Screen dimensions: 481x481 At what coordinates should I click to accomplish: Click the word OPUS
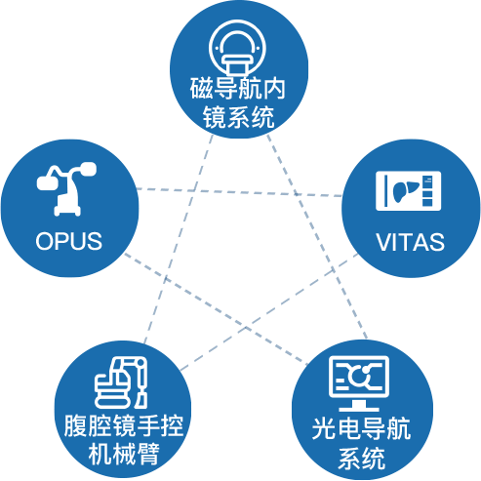pyautogui.click(x=68, y=241)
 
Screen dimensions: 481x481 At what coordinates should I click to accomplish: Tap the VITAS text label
pyautogui.click(x=410, y=242)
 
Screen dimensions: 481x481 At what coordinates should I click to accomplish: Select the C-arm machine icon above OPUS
pyautogui.click(x=66, y=189)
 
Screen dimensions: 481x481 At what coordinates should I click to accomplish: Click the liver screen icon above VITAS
pyautogui.click(x=409, y=191)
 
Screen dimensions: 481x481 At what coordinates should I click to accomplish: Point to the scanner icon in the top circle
pyautogui.click(x=237, y=49)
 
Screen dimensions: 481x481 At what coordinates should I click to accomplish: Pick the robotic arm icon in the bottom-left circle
pyautogui.click(x=121, y=382)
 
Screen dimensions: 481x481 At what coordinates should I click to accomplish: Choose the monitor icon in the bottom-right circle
pyautogui.click(x=359, y=383)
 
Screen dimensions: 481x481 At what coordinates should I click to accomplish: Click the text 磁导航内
pyautogui.click(x=238, y=89)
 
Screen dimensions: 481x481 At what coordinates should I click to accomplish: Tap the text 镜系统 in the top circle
pyautogui.click(x=238, y=117)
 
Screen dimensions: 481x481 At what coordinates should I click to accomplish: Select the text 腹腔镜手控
pyautogui.click(x=124, y=425)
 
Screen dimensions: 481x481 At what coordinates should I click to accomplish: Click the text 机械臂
pyautogui.click(x=124, y=454)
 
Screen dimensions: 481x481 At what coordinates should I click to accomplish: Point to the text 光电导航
pyautogui.click(x=361, y=428)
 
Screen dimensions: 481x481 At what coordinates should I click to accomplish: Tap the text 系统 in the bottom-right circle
pyautogui.click(x=361, y=458)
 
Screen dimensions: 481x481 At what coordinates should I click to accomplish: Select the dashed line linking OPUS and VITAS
pyautogui.click(x=239, y=192)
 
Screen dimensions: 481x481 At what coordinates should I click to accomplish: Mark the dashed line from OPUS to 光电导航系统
pyautogui.click(x=216, y=308)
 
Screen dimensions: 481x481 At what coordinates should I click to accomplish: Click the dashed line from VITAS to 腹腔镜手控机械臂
pyautogui.click(x=269, y=312)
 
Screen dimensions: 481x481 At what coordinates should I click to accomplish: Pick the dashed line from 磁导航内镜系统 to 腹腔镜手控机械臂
pyautogui.click(x=179, y=239)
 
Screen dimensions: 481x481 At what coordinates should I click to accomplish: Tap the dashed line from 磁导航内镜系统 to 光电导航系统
pyautogui.click(x=317, y=237)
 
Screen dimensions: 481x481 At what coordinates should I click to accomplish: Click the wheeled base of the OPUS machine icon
pyautogui.click(x=67, y=211)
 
